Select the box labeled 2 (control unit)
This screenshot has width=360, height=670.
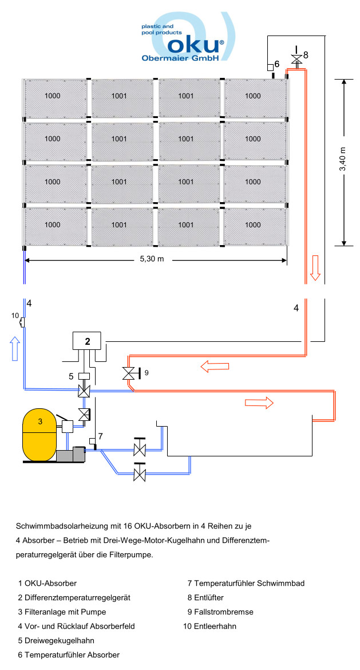click(88, 341)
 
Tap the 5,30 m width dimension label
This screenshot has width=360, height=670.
click(152, 259)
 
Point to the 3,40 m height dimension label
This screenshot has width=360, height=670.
click(343, 161)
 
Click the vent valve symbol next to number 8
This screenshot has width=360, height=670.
click(296, 58)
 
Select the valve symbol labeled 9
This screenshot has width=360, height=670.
click(128, 373)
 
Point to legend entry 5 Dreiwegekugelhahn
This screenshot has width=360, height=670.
click(56, 640)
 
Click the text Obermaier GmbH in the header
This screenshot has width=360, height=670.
click(180, 58)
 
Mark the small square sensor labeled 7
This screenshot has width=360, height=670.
click(92, 441)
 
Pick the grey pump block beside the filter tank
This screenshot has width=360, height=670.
click(70, 455)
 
